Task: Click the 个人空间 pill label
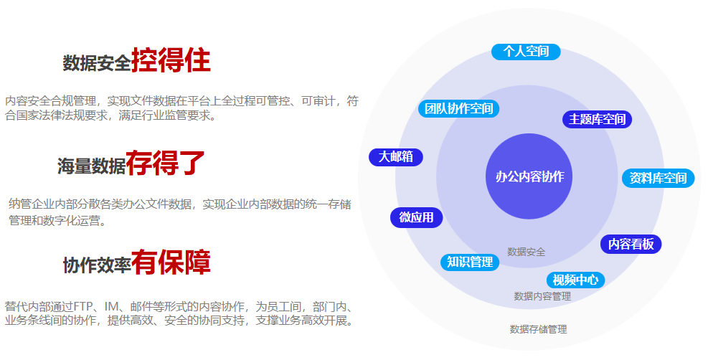pyautogui.click(x=526, y=52)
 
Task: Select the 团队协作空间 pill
pyautogui.click(x=458, y=109)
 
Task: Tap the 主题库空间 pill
pyautogui.click(x=597, y=119)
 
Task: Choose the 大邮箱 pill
pyautogui.click(x=396, y=157)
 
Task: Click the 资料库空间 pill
pyautogui.click(x=658, y=178)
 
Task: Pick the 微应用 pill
pyautogui.click(x=416, y=217)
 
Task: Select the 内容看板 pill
pyautogui.click(x=631, y=244)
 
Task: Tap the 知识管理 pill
pyautogui.click(x=469, y=262)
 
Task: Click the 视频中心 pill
pyautogui.click(x=575, y=280)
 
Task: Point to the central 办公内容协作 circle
pyautogui.click(x=529, y=176)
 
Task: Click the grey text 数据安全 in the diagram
pyautogui.click(x=526, y=252)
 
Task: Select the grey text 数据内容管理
pyautogui.click(x=542, y=295)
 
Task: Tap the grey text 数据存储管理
pyautogui.click(x=538, y=329)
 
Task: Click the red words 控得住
pyautogui.click(x=171, y=62)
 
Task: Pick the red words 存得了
pyautogui.click(x=166, y=164)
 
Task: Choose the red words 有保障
pyautogui.click(x=171, y=263)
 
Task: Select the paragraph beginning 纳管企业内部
pyautogui.click(x=179, y=212)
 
